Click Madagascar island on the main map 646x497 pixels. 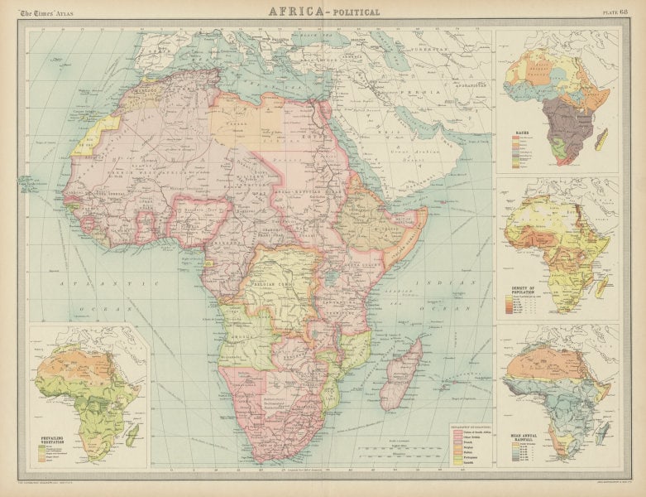[403, 373]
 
